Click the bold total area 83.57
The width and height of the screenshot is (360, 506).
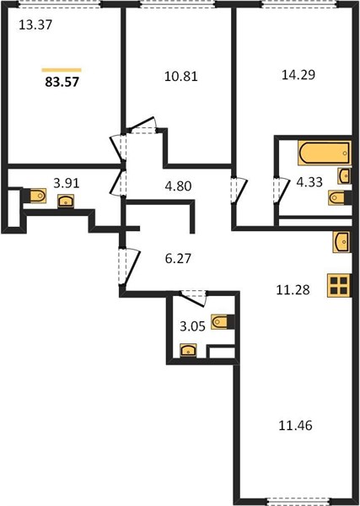[x=62, y=82]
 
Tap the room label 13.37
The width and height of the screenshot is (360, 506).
[x=35, y=24]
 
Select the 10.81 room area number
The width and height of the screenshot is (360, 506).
[x=181, y=77]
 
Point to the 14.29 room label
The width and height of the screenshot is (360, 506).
[x=298, y=74]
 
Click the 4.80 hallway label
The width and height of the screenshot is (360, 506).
[x=178, y=186]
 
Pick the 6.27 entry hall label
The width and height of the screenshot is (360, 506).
[x=178, y=259]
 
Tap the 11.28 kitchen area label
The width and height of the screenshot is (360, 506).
[x=293, y=290]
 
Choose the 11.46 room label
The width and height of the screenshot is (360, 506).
[x=295, y=426]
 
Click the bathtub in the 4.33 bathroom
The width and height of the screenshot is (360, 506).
[x=325, y=153]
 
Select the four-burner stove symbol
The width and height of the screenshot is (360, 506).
[x=339, y=285]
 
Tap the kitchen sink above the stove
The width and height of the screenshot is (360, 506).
[x=341, y=242]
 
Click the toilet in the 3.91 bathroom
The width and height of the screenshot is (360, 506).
[x=38, y=196]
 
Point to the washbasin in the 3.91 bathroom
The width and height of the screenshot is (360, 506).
[x=66, y=201]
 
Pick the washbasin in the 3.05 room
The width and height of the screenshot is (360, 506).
[x=188, y=350]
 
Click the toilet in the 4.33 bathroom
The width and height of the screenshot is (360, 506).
[x=336, y=197]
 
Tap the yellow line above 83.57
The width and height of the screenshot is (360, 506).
[x=62, y=70]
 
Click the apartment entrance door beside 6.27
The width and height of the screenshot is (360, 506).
[x=129, y=266]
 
